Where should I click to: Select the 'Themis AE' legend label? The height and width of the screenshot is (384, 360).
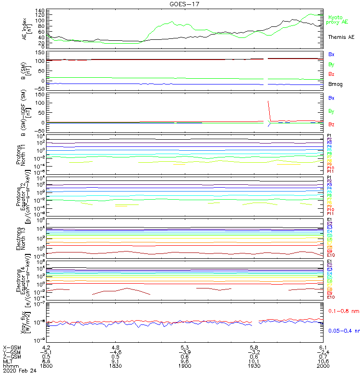point(341,37)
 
